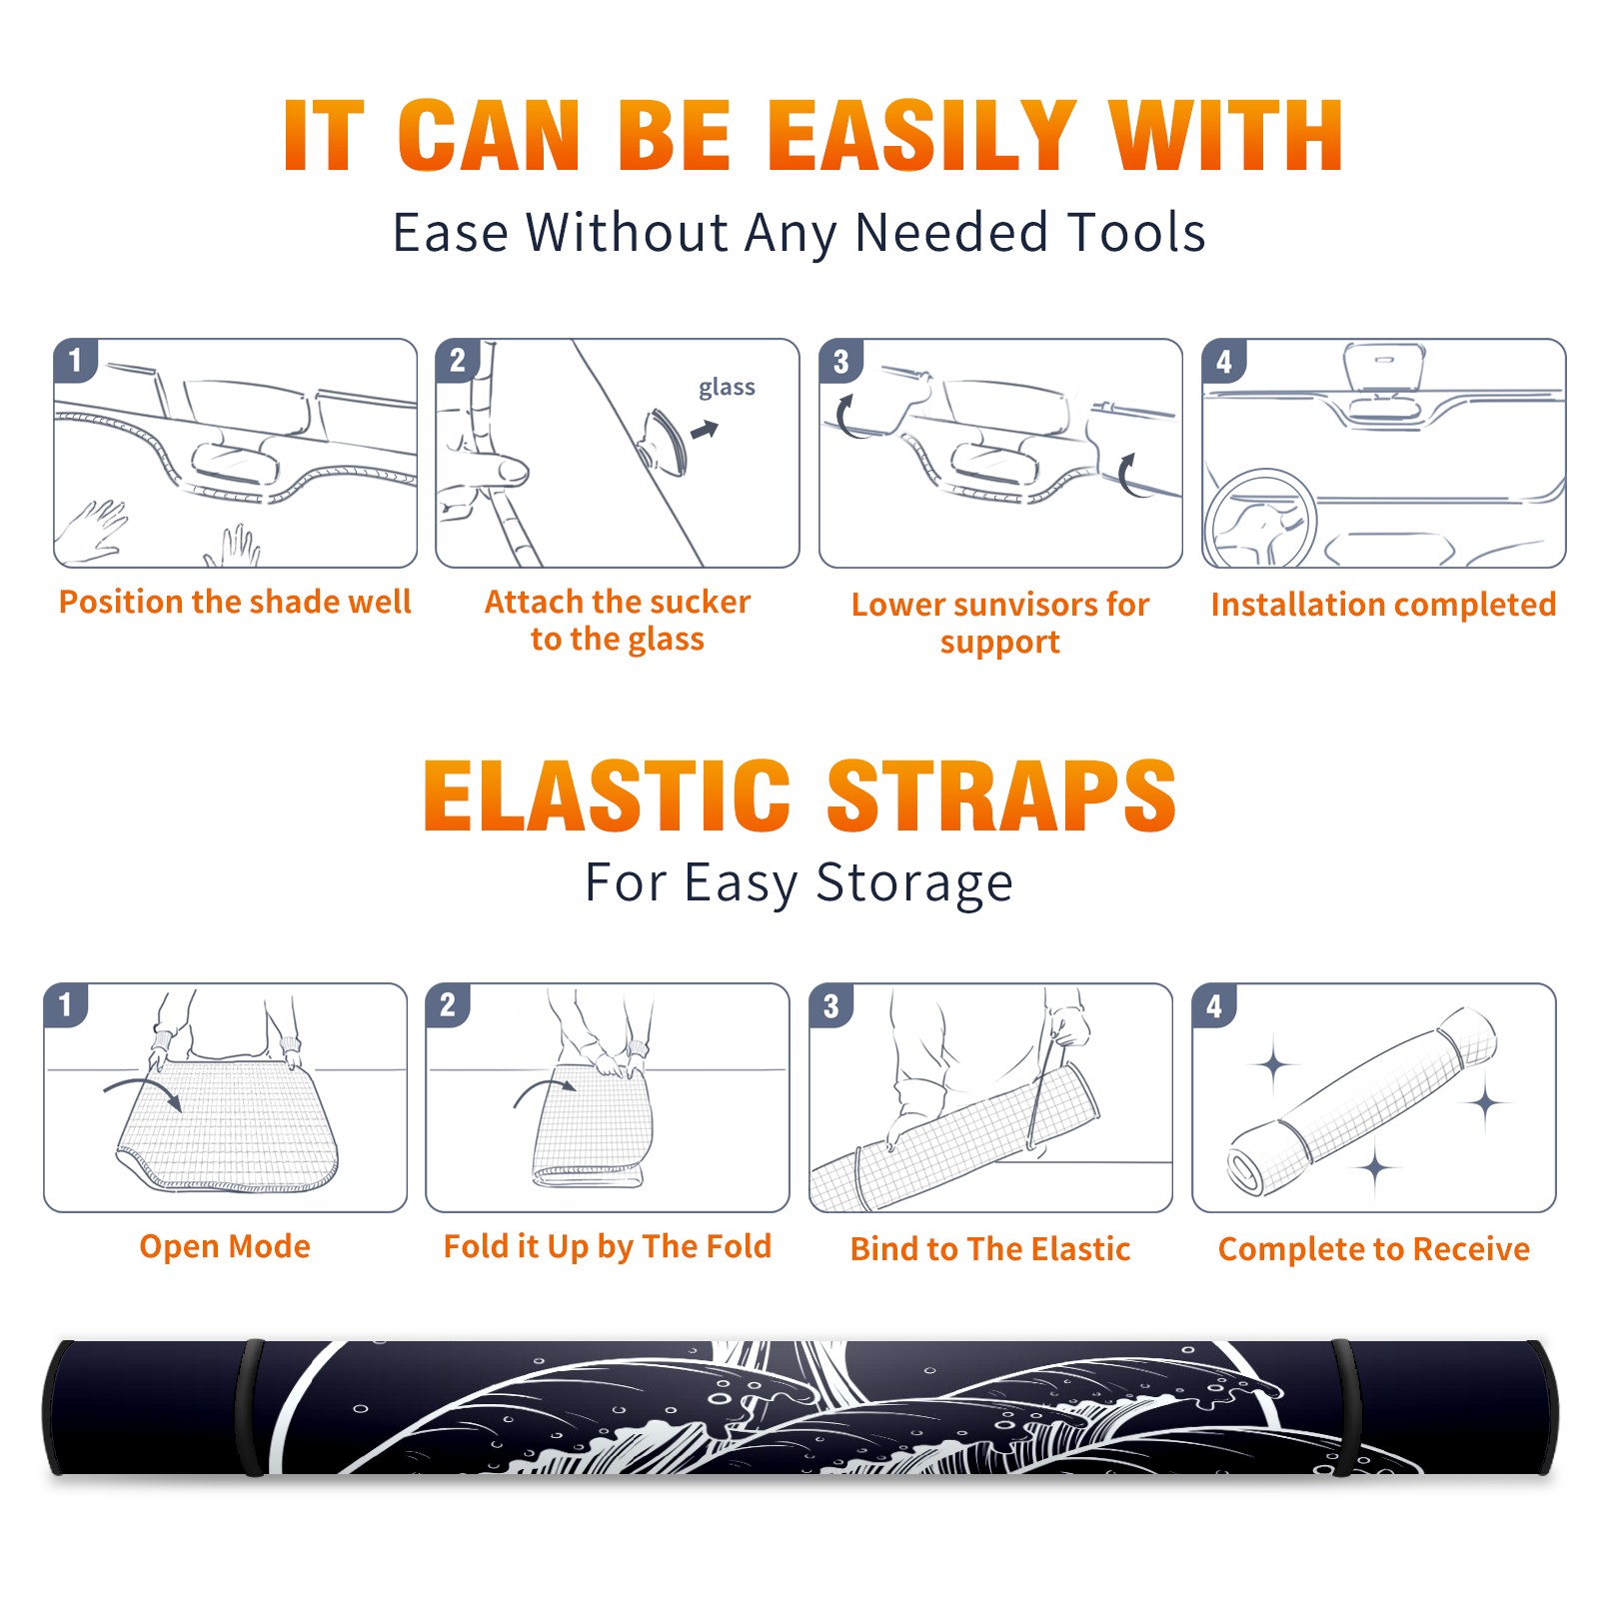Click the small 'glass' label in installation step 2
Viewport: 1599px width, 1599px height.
point(727,388)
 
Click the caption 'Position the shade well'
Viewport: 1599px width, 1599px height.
point(235,602)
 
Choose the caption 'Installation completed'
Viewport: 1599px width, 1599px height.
point(1383,605)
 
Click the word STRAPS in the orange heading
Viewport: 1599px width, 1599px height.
point(1001,796)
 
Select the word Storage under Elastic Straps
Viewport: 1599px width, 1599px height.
point(914,883)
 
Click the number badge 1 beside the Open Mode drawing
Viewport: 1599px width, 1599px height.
point(66,1004)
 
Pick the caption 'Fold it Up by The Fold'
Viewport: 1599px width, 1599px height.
point(608,1246)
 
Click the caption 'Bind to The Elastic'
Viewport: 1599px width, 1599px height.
point(990,1249)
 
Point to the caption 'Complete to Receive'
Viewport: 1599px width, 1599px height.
point(1374,1249)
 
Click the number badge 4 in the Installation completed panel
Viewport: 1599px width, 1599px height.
point(1224,361)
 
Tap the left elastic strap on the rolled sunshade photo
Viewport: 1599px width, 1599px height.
point(252,1407)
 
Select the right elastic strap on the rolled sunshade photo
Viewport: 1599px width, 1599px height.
point(1344,1407)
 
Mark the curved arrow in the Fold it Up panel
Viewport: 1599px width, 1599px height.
point(546,1090)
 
